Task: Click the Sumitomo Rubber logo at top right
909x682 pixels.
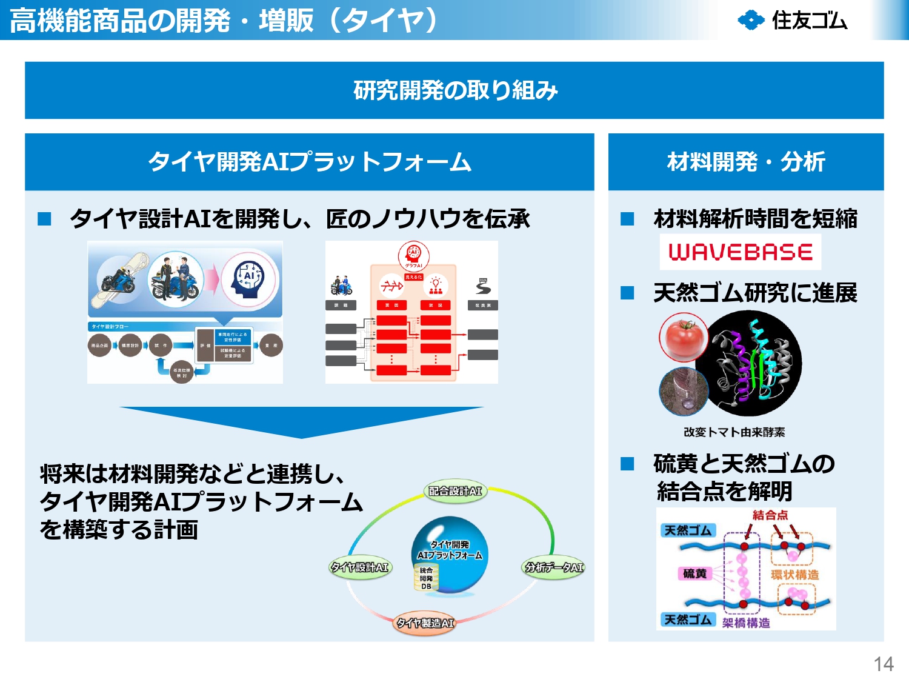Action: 792,20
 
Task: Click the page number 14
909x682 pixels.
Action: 883,664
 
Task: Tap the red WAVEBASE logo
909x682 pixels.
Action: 740,252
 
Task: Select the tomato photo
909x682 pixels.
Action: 684,337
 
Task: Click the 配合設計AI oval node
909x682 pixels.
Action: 455,491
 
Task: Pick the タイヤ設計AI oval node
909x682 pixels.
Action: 360,567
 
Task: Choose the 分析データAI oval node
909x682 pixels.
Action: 554,567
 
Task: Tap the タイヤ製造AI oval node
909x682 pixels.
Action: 424,623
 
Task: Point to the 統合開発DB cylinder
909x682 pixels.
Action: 426,578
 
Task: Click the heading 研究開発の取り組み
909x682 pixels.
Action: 454,90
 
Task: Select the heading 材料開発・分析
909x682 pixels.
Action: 745,162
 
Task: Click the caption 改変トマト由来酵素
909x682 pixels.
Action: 734,432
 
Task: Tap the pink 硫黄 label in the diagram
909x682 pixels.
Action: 694,573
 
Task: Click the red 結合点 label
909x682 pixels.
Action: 770,515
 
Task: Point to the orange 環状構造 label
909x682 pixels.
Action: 794,575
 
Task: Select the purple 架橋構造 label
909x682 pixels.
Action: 746,623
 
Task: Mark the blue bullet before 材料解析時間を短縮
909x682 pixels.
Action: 627,219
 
